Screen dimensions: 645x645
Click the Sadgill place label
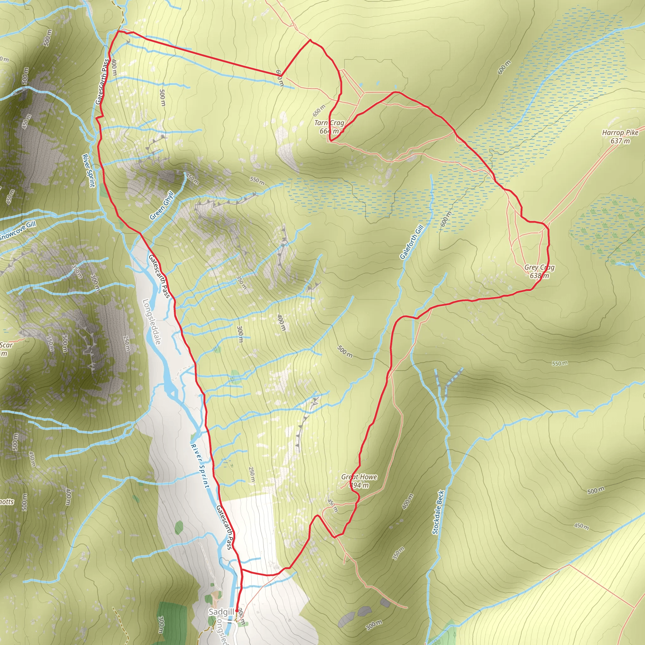point(221,612)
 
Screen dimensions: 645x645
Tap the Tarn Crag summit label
point(329,127)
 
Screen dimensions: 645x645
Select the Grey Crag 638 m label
point(539,271)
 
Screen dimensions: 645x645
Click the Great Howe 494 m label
point(359,481)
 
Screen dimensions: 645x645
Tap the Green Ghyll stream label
point(162,205)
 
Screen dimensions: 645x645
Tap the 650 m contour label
point(319,110)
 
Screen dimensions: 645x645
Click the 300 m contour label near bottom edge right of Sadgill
point(374,625)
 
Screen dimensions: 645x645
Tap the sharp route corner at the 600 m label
point(282,76)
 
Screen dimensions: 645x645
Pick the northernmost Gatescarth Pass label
point(102,82)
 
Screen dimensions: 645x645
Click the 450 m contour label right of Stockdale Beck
point(581,526)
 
